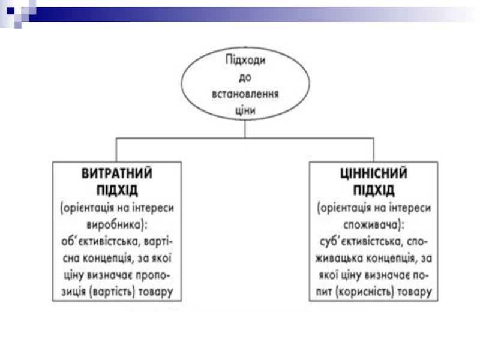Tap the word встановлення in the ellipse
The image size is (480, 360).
(246, 94)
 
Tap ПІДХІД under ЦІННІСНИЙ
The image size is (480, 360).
(373, 190)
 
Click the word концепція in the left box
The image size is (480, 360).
(107, 259)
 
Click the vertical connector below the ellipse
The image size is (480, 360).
(245, 129)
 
